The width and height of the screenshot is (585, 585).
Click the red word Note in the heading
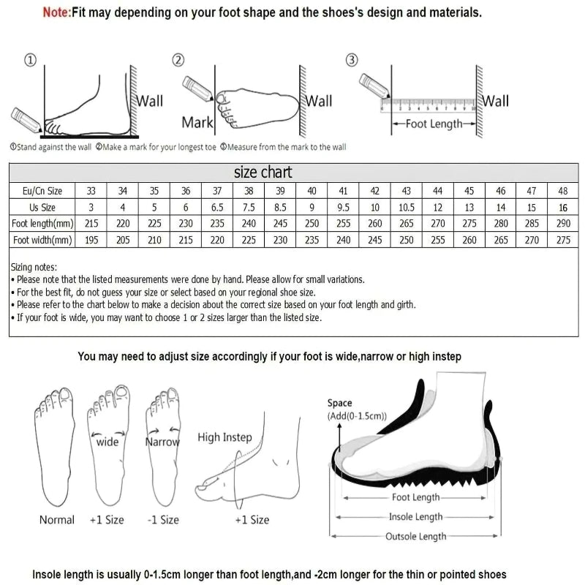tap(54, 12)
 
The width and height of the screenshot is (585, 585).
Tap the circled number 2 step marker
tap(178, 60)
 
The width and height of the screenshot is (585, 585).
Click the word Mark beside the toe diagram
tap(197, 121)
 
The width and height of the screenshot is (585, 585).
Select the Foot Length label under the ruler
tap(434, 124)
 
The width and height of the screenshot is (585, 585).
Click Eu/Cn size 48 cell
tap(562, 191)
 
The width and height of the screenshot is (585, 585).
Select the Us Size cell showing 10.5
tap(407, 208)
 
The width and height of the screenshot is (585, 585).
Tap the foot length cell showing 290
tap(562, 223)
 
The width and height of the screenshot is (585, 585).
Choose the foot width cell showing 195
tap(91, 239)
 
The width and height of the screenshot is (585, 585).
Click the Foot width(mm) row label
tap(42, 239)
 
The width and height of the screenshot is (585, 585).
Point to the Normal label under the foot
tap(56, 520)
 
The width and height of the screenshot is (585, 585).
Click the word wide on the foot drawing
tap(107, 442)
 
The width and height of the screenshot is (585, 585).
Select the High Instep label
tap(224, 437)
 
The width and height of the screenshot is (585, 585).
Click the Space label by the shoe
tap(339, 403)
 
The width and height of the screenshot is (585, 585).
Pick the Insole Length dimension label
tap(415, 517)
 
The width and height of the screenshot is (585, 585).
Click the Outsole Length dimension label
tap(415, 537)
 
